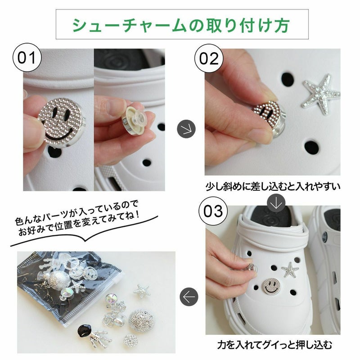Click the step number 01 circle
pyautogui.click(x=27, y=58)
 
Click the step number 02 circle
pyautogui.click(x=209, y=58)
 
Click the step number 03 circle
pyautogui.click(x=213, y=211)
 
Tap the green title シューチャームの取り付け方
pyautogui.click(x=181, y=25)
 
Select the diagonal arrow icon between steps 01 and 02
pyautogui.click(x=186, y=129)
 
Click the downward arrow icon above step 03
pyautogui.click(x=276, y=203)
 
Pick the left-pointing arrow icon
pyautogui.click(x=189, y=297)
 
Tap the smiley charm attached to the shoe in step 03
pyautogui.click(x=271, y=286)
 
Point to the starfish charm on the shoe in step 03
pyautogui.click(x=290, y=269)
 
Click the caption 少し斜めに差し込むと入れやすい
pyautogui.click(x=273, y=186)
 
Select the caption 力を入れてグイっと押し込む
pyautogui.click(x=274, y=345)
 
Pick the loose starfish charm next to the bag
pyautogui.click(x=142, y=291)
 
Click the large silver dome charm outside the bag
pyautogui.click(x=141, y=320)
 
